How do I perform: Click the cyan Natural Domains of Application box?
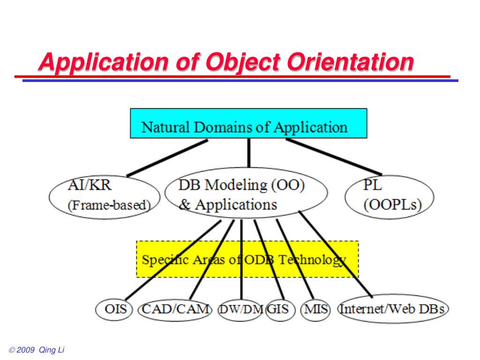(x=248, y=123)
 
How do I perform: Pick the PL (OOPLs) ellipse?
(x=390, y=196)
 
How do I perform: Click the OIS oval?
(x=114, y=309)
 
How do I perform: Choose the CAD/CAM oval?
(x=174, y=309)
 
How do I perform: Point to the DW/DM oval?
(x=241, y=310)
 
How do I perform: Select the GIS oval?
(x=280, y=309)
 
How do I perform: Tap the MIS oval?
(x=315, y=309)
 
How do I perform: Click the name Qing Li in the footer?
(x=52, y=351)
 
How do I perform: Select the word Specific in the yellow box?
(x=162, y=260)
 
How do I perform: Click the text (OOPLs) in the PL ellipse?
(x=393, y=205)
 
